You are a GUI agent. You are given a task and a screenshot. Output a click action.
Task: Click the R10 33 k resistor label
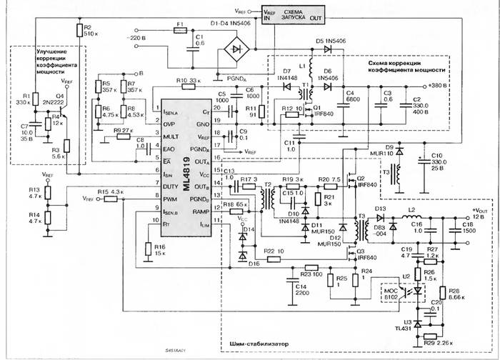pyautogui.click(x=187, y=81)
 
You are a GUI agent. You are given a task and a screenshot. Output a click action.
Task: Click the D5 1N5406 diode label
pyautogui.click(x=328, y=41)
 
